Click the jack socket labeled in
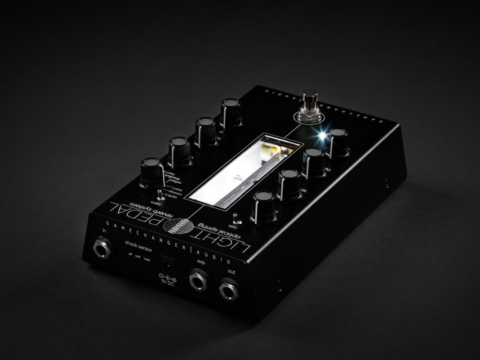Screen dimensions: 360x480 [102, 248]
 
